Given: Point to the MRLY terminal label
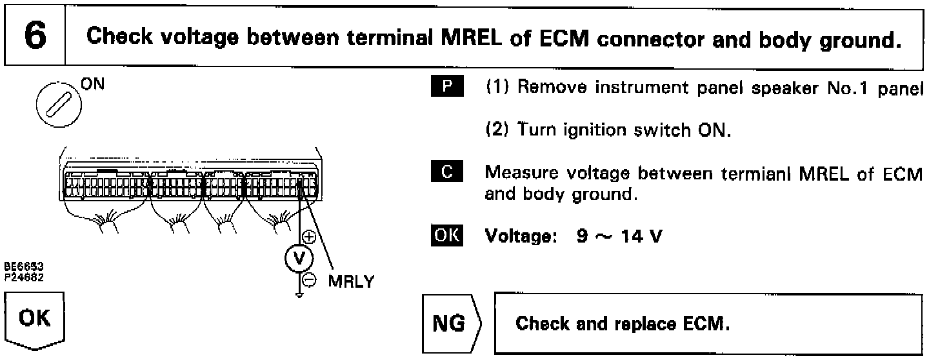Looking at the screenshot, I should [351, 283].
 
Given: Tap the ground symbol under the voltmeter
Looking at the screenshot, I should [299, 295].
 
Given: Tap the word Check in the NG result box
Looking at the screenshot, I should [541, 324].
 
